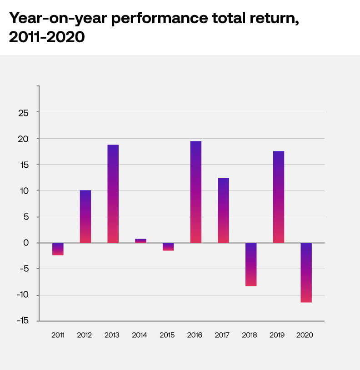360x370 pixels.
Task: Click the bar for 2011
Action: click(x=58, y=249)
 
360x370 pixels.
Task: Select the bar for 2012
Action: click(x=85, y=216)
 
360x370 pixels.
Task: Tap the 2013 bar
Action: click(x=113, y=194)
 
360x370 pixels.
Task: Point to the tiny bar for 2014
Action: click(x=140, y=240)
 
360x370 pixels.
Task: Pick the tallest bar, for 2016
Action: click(x=195, y=192)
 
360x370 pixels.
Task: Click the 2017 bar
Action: click(x=223, y=210)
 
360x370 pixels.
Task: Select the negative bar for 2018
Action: click(x=251, y=264)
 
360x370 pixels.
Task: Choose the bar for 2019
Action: click(x=278, y=197)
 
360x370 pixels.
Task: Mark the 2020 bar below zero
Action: click(x=306, y=272)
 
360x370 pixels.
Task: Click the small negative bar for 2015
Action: click(x=168, y=246)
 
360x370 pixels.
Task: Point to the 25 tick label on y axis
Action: click(x=23, y=113)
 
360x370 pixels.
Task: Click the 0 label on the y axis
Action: click(x=26, y=243)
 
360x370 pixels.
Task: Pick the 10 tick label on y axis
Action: click(x=23, y=191)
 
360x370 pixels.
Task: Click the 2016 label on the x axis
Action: click(x=195, y=335)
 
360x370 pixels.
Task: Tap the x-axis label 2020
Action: click(x=305, y=335)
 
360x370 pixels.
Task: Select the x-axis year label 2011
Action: click(x=58, y=335)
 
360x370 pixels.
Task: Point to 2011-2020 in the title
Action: click(x=47, y=37)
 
